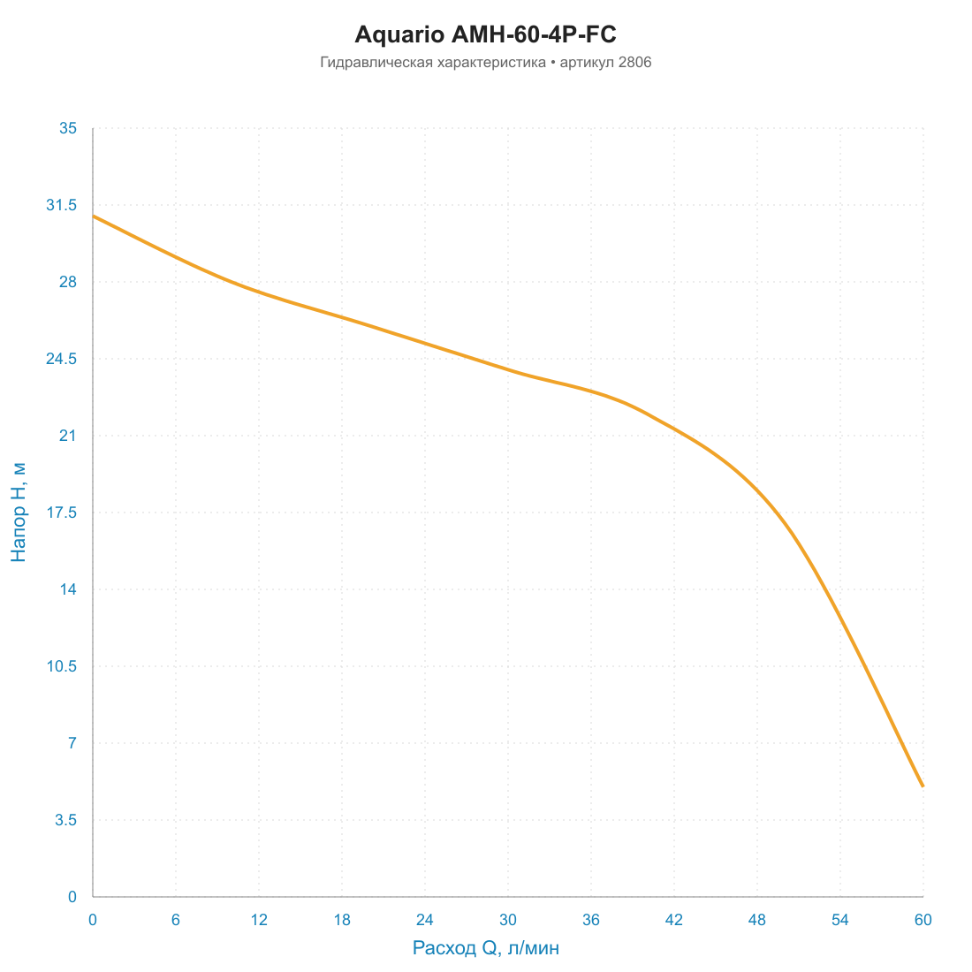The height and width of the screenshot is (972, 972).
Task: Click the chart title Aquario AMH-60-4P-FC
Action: pyautogui.click(x=485, y=34)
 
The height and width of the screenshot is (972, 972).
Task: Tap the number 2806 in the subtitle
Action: pyautogui.click(x=634, y=63)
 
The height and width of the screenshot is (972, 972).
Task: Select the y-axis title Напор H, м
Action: pyautogui.click(x=19, y=512)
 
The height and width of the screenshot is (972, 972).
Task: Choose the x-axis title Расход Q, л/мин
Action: pyautogui.click(x=486, y=948)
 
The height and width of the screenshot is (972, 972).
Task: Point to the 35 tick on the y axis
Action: pyautogui.click(x=68, y=128)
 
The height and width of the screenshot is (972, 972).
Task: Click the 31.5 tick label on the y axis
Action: pyautogui.click(x=62, y=205)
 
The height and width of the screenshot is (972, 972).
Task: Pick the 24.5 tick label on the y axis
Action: pyautogui.click(x=62, y=359)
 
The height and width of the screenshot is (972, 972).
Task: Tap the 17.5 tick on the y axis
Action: pyautogui.click(x=62, y=513)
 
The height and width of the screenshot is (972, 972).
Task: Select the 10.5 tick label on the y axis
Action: pyautogui.click(x=62, y=666)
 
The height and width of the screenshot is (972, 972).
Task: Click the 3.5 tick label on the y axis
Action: pyautogui.click(x=65, y=820)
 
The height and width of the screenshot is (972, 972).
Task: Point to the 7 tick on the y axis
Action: pyautogui.click(x=72, y=743)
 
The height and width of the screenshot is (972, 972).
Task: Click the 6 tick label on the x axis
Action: pyautogui.click(x=176, y=920)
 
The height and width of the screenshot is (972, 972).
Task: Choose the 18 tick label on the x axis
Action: pyautogui.click(x=342, y=920)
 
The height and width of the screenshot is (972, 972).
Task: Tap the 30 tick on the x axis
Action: pyautogui.click(x=508, y=920)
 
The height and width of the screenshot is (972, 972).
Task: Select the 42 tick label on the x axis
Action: pyautogui.click(x=674, y=920)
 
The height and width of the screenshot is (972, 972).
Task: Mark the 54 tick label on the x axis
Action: pyautogui.click(x=840, y=920)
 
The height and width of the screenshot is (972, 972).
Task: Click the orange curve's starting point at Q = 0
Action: pyautogui.click(x=93, y=216)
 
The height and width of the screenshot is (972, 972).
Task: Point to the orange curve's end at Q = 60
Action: pyautogui.click(x=923, y=786)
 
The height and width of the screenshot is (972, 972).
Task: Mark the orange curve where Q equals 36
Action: pyautogui.click(x=591, y=391)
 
